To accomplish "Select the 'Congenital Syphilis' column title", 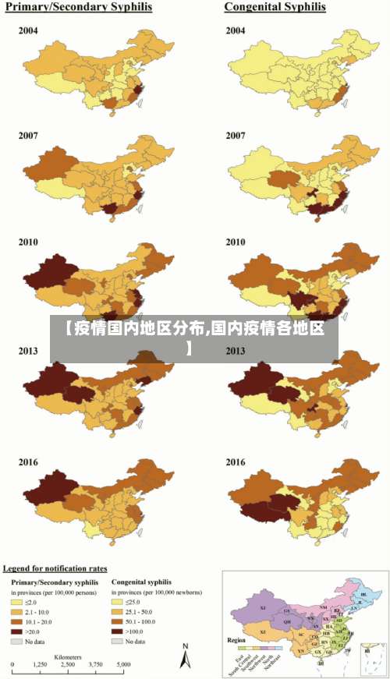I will click(x=275, y=7).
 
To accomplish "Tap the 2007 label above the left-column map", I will click(x=28, y=135).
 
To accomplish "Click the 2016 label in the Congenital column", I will click(x=236, y=462).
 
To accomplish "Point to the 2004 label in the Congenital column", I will click(x=236, y=30).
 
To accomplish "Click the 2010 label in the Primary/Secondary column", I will click(x=28, y=242).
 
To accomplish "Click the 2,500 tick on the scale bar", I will click(x=68, y=664).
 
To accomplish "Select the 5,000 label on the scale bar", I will click(x=123, y=664).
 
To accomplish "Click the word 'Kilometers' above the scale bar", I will click(x=68, y=657).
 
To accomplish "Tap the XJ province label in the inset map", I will click(x=262, y=607).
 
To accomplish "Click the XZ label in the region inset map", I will click(x=264, y=632).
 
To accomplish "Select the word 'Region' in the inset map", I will click(x=236, y=640).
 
